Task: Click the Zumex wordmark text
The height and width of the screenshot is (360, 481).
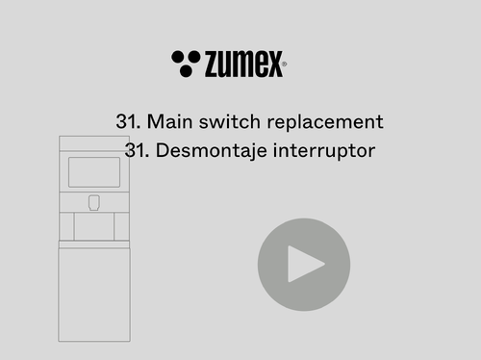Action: (243, 64)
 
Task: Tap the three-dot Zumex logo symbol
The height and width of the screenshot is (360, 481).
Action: (186, 64)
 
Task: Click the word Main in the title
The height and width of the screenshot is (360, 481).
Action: (171, 121)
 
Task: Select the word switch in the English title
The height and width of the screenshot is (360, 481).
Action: (230, 121)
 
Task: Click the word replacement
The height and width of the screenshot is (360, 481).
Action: (325, 122)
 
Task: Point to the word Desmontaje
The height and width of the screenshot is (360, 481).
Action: (212, 151)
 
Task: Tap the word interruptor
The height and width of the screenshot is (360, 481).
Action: (324, 151)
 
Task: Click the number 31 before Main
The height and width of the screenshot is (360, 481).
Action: (128, 121)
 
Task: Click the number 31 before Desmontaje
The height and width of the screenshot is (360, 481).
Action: (137, 150)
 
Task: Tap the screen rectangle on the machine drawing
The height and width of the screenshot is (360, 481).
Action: (94, 172)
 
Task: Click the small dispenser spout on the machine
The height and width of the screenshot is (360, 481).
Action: (94, 202)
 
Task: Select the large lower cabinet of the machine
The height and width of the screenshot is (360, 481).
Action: (94, 295)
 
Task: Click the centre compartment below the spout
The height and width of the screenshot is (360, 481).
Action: (94, 226)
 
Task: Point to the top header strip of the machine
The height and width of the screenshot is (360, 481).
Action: (94, 143)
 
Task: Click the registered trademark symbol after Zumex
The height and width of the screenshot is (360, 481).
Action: (284, 64)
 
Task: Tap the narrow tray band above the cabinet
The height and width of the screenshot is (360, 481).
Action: (94, 244)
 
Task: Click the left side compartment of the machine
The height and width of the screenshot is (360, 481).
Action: (66, 226)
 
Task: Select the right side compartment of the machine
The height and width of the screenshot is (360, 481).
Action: (121, 226)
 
